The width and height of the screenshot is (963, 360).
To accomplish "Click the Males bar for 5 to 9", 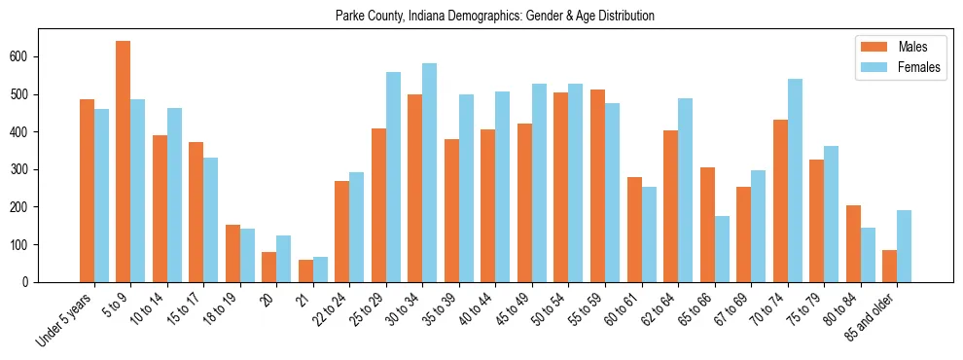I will pyautogui.click(x=124, y=162).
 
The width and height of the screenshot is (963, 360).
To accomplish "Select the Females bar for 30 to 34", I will pyautogui.click(x=430, y=173).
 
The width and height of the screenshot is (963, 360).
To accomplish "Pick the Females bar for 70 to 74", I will pyautogui.click(x=795, y=181).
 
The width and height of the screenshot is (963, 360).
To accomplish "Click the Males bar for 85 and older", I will pyautogui.click(x=890, y=266).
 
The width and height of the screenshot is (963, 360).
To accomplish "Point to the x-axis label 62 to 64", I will pyautogui.click(x=661, y=309).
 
